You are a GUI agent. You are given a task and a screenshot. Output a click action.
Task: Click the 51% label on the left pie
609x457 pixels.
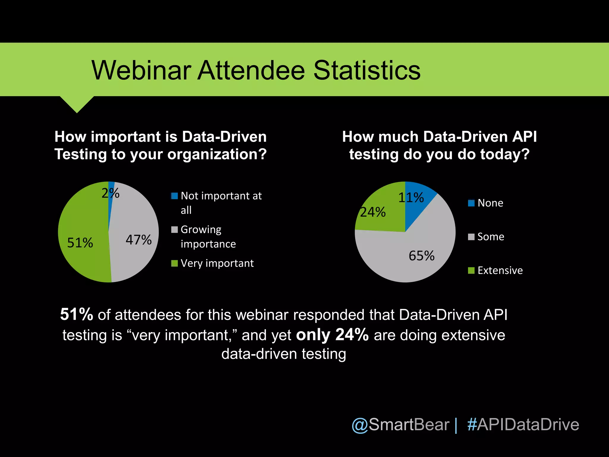click(x=80, y=243)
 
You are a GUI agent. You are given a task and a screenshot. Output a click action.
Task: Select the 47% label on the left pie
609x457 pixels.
click(x=139, y=240)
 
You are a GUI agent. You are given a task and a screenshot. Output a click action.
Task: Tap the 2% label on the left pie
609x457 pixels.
click(x=110, y=193)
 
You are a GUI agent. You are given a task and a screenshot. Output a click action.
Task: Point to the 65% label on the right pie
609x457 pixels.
click(x=421, y=256)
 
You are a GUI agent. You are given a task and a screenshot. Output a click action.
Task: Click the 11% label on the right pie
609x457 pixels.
click(x=411, y=198)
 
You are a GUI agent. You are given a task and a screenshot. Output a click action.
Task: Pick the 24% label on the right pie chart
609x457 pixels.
click(x=373, y=212)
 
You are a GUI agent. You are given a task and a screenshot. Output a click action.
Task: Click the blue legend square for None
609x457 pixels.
click(x=471, y=203)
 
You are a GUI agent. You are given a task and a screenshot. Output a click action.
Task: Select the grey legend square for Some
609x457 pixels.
click(x=471, y=237)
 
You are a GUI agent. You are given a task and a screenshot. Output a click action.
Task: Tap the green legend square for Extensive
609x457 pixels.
click(x=471, y=270)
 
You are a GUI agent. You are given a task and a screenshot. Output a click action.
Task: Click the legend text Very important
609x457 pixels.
click(x=217, y=263)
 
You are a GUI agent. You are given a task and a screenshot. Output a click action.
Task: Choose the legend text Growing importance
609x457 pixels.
click(x=208, y=237)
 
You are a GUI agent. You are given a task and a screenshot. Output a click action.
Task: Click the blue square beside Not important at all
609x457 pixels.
click(x=175, y=196)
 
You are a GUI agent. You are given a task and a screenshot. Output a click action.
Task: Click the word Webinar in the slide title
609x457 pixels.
click(x=141, y=71)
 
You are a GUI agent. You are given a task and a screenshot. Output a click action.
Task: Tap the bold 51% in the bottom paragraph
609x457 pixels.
click(x=76, y=314)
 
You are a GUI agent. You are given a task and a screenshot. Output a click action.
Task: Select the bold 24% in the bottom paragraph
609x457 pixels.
click(x=352, y=335)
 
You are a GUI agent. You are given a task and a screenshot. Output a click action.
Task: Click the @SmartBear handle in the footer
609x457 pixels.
click(x=400, y=425)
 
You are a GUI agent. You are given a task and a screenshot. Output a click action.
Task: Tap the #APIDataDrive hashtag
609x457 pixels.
click(x=523, y=425)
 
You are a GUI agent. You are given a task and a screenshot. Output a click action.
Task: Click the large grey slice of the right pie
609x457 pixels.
click(x=395, y=259)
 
